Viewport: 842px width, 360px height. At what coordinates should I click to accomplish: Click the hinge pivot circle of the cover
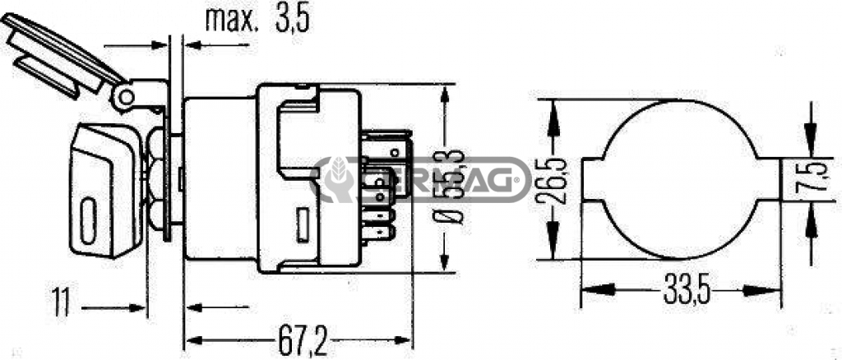pyautogui.click(x=125, y=98)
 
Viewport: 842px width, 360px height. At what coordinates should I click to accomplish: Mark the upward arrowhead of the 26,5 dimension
pyautogui.click(x=554, y=110)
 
